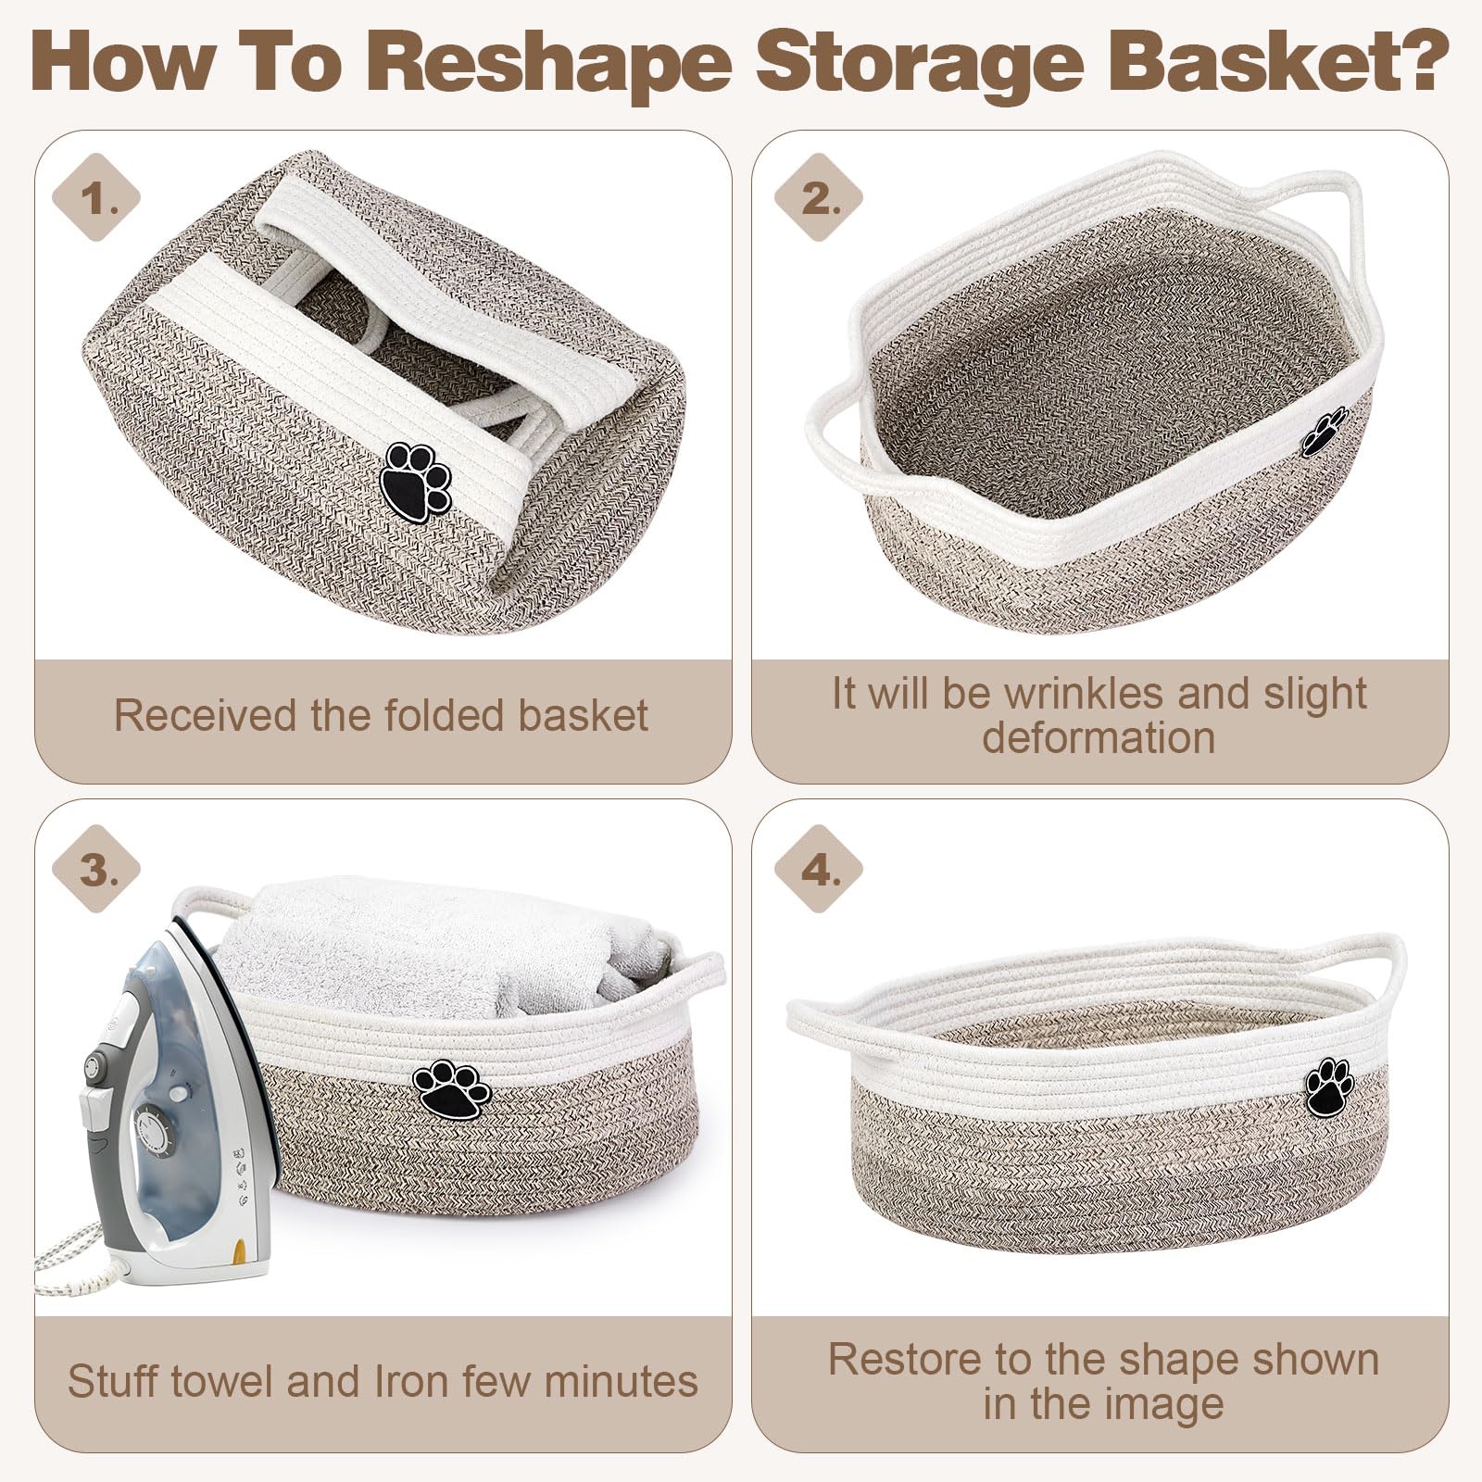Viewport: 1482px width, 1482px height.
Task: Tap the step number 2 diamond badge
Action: coord(818,198)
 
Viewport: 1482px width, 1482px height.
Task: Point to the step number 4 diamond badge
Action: coord(818,870)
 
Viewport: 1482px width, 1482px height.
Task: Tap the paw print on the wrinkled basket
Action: coord(1325,431)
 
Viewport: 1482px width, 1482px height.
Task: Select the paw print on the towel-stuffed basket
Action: coord(452,1089)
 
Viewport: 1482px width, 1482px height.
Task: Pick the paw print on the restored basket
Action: coord(1329,1087)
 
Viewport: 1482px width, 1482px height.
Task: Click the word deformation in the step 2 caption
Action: coord(1099,737)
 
